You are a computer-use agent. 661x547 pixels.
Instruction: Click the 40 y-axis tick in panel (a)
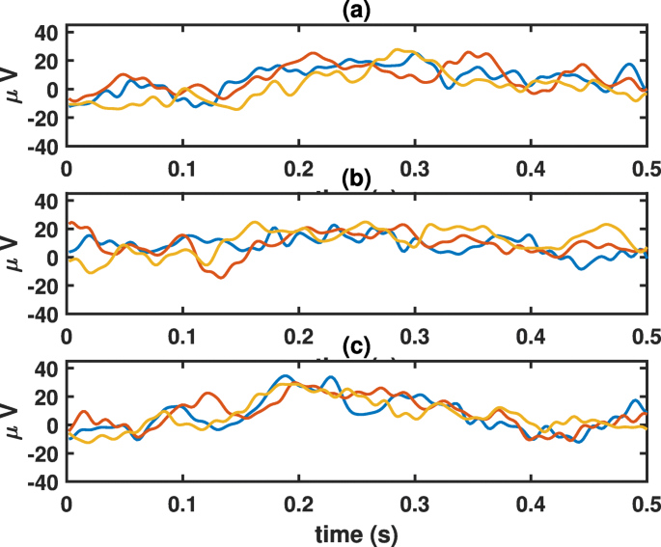(x=47, y=33)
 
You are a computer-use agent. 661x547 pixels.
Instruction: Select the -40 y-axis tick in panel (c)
(x=43, y=481)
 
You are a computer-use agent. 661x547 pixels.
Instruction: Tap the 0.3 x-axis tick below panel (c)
(x=415, y=504)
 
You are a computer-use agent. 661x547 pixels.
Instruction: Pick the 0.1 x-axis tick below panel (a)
(x=182, y=168)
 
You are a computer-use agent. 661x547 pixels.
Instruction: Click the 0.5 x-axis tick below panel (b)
(x=646, y=336)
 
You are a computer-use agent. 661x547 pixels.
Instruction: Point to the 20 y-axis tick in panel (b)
(x=47, y=230)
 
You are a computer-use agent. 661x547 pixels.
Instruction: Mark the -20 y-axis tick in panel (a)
(x=43, y=119)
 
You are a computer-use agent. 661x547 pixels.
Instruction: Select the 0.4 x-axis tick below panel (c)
(x=531, y=504)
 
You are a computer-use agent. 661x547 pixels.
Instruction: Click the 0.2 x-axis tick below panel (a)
(x=299, y=168)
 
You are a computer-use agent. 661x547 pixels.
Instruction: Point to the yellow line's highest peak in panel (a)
(x=397, y=49)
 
